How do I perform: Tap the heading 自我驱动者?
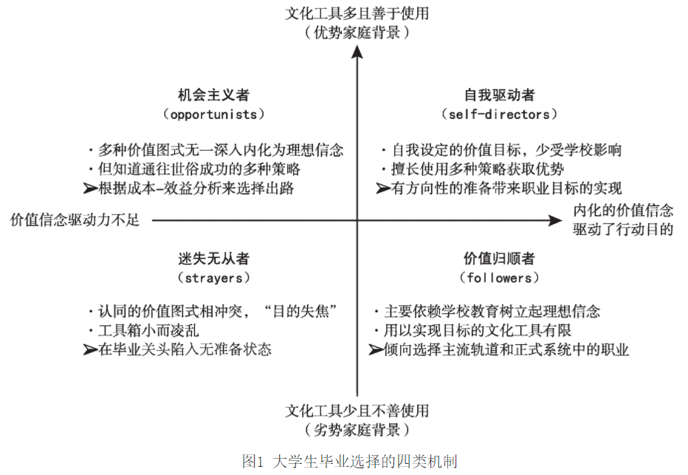[x=499, y=95]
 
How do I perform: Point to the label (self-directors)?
[x=499, y=115]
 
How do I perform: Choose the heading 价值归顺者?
[x=499, y=259]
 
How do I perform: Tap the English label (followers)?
[x=499, y=278]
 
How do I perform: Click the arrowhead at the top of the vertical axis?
[x=357, y=52]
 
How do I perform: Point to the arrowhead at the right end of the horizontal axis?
[x=555, y=219]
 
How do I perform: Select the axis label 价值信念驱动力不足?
[x=75, y=220]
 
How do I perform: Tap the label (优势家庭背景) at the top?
[x=357, y=33]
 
